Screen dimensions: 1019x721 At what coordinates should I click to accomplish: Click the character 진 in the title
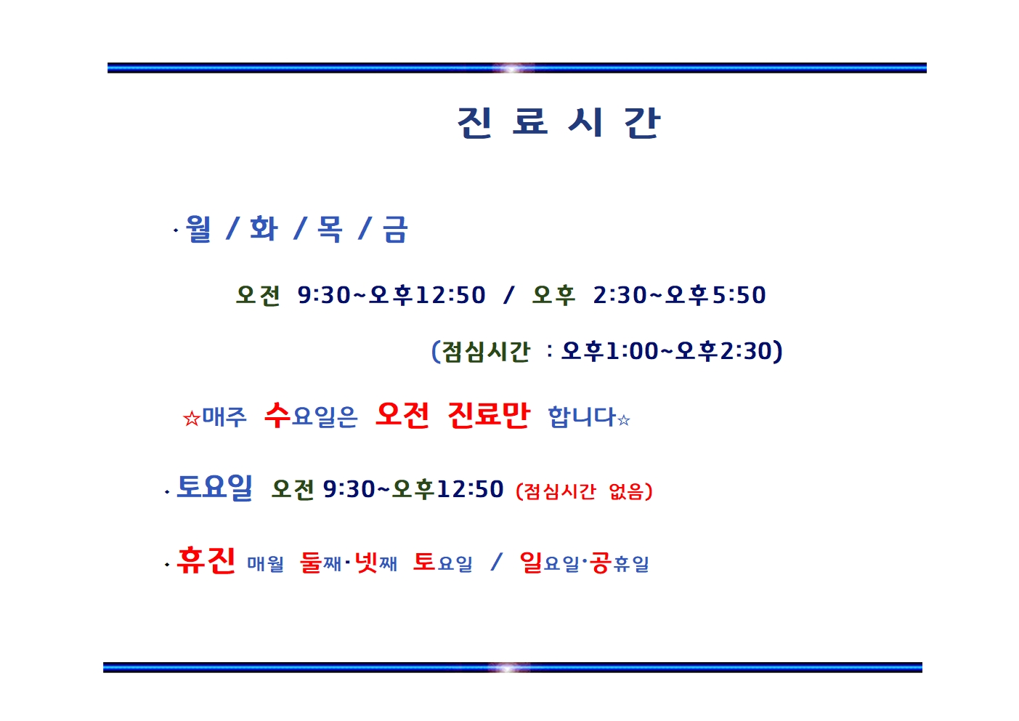[474, 122]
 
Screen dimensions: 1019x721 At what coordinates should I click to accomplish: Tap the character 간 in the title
[641, 122]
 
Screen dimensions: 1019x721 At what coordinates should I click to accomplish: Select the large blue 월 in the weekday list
[199, 228]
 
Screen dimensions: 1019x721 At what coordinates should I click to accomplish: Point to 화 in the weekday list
[264, 228]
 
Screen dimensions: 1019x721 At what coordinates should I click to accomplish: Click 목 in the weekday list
[329, 228]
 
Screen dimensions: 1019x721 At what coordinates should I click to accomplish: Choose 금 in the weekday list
[394, 228]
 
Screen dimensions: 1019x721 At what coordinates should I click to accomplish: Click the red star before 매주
[192, 419]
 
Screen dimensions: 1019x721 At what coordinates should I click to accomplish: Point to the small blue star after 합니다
[624, 419]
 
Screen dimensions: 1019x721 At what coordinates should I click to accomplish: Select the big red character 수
[277, 415]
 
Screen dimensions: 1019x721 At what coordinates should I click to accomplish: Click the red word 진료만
[489, 415]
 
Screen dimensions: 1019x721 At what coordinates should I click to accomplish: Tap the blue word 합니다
[582, 416]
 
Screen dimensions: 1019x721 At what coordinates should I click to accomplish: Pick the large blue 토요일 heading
[214, 487]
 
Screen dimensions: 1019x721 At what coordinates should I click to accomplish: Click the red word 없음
[626, 491]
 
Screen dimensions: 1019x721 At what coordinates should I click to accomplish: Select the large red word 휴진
[206, 560]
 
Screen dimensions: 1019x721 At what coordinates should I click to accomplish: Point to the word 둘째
[320, 563]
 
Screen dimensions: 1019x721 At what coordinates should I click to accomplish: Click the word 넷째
[376, 563]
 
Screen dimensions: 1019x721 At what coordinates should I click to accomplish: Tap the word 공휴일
[619, 563]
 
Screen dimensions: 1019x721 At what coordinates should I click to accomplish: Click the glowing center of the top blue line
[512, 68]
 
